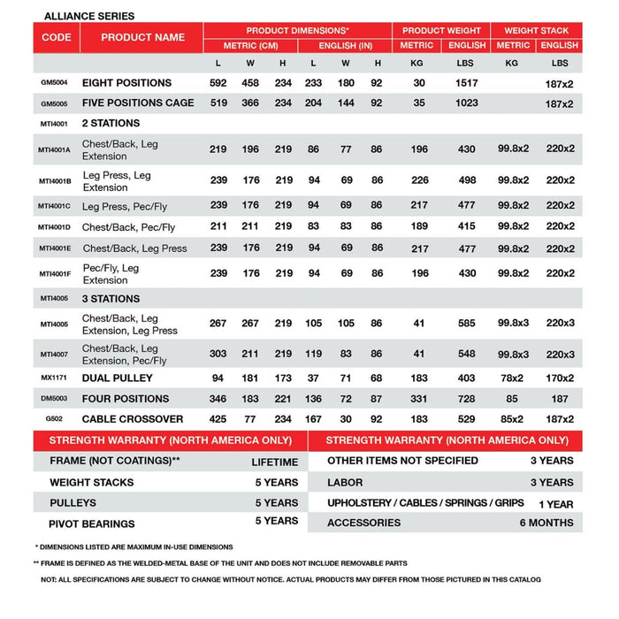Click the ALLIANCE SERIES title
pyautogui.click(x=89, y=16)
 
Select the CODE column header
pyautogui.click(x=56, y=37)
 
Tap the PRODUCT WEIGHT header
pyautogui.click(x=441, y=30)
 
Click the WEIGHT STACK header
pyautogui.click(x=537, y=30)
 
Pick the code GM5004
pyautogui.click(x=56, y=83)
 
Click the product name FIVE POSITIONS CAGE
pyautogui.click(x=138, y=103)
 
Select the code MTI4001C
pyautogui.click(x=56, y=207)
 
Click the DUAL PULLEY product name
pyautogui.click(x=118, y=378)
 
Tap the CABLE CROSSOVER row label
pyautogui.click(x=133, y=419)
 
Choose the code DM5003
pyautogui.click(x=56, y=399)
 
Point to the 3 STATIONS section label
pyautogui.click(x=111, y=299)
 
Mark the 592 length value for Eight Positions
pyautogui.click(x=218, y=83)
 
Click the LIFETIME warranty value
pyautogui.click(x=274, y=462)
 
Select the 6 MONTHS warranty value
pyautogui.click(x=546, y=523)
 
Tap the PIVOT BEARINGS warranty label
pyautogui.click(x=92, y=523)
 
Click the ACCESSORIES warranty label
pyautogui.click(x=363, y=523)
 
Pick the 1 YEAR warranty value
pyautogui.click(x=555, y=504)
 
